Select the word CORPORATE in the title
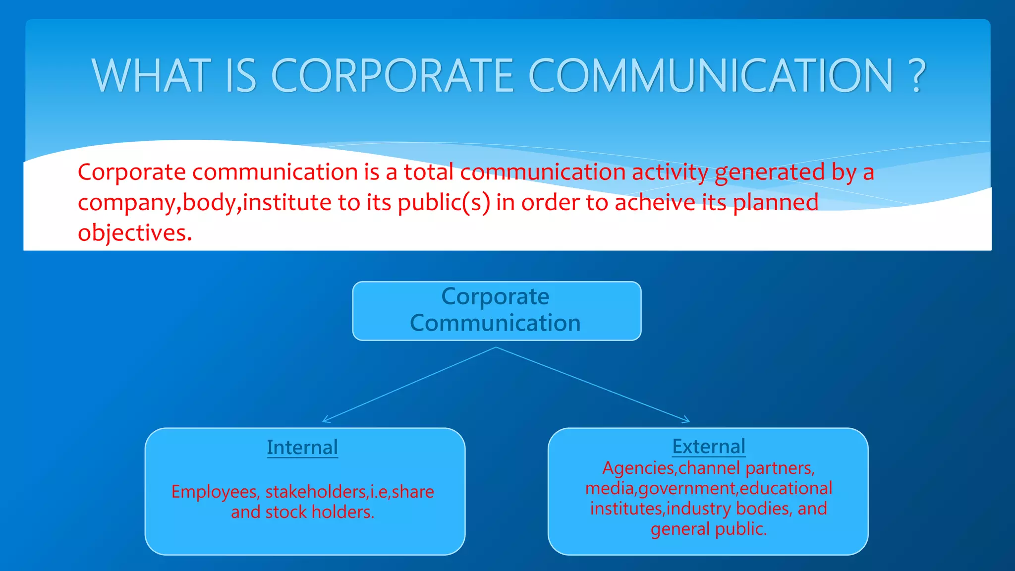(x=392, y=75)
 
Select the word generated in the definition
(x=770, y=172)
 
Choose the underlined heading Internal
(x=302, y=447)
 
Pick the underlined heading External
(x=709, y=446)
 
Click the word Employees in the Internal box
(x=215, y=492)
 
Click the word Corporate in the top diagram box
(x=495, y=296)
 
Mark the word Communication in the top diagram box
(x=495, y=323)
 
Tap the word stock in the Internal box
(x=286, y=512)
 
